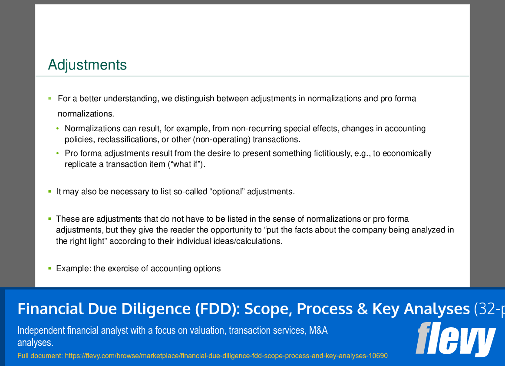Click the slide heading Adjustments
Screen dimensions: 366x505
[x=87, y=65]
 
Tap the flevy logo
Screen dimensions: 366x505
[x=455, y=339]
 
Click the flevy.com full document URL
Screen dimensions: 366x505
[x=226, y=356]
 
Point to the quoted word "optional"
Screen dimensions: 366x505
[x=227, y=192]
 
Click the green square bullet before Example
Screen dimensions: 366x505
[x=50, y=268]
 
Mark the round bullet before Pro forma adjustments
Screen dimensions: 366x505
[x=58, y=153]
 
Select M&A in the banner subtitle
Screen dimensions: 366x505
[x=318, y=331]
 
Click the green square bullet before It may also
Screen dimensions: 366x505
[x=50, y=191]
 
